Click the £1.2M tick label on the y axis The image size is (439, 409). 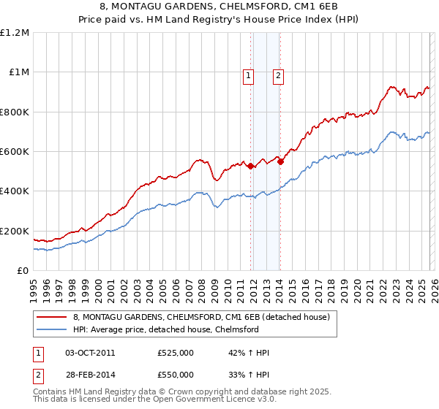tap(15, 33)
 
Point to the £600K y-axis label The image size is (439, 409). tap(15, 152)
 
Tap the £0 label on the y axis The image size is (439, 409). tap(22, 271)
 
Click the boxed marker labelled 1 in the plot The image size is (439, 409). tap(248, 74)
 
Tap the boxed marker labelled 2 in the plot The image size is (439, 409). tap(279, 74)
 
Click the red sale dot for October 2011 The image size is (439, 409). tap(251, 166)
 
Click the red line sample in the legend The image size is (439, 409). tap(52, 317)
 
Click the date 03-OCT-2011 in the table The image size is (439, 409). tap(90, 353)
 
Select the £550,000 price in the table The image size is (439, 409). tap(175, 374)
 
